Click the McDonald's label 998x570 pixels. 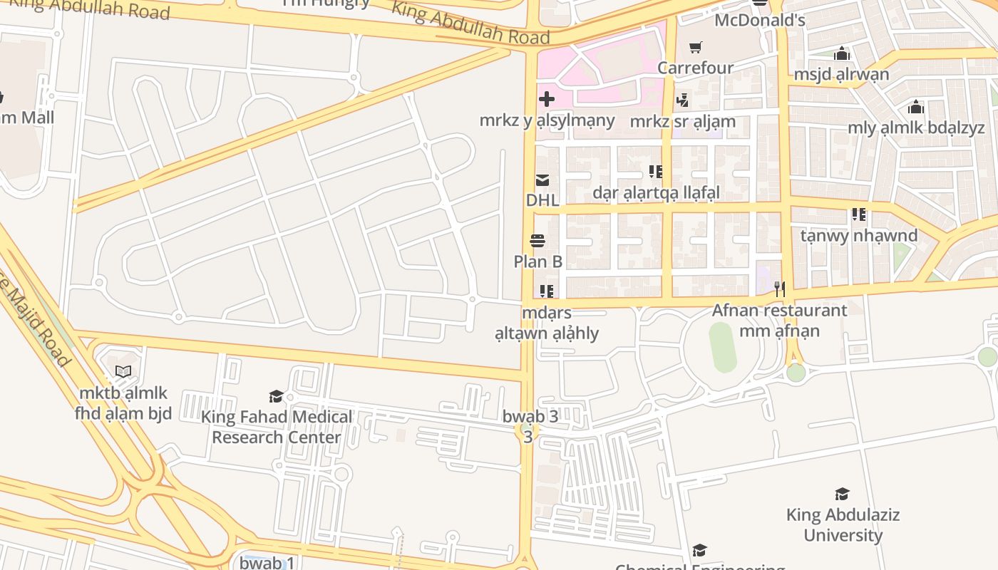tap(759, 20)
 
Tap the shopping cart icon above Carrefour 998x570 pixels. tap(695, 48)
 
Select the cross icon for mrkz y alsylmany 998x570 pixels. tap(547, 99)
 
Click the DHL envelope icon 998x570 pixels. tap(542, 180)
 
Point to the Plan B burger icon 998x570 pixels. tap(537, 241)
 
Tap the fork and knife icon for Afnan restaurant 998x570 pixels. tap(780, 289)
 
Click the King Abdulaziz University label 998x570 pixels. tap(843, 524)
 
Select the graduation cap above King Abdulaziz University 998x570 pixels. tap(843, 494)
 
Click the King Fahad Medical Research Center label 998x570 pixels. tap(277, 427)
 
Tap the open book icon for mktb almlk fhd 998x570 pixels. tap(123, 371)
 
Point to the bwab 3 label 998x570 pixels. tap(530, 417)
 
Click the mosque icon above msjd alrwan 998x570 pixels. tap(842, 53)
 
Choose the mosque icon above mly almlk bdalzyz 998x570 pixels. tap(916, 108)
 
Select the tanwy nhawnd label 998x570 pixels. tap(858, 235)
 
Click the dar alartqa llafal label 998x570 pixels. tap(656, 192)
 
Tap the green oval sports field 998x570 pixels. tap(723, 347)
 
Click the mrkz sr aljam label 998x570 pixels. tap(682, 121)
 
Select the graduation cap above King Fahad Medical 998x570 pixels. tap(276, 396)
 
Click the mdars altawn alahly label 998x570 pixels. tap(547, 323)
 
